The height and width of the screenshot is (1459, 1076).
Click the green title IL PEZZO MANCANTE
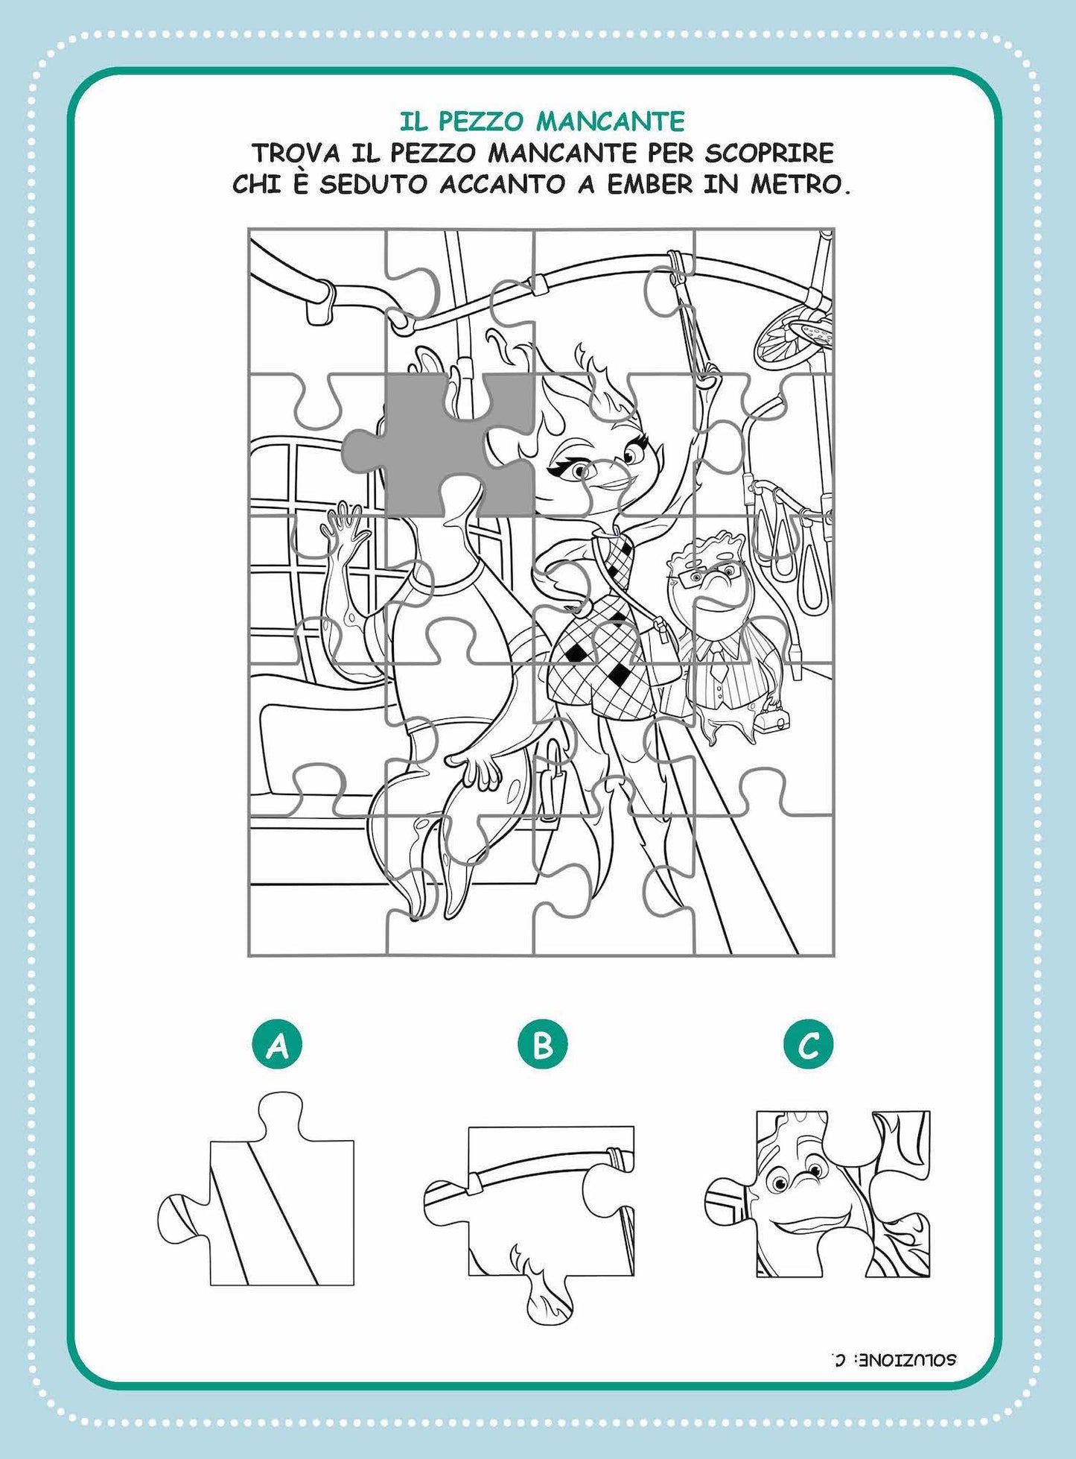tap(542, 121)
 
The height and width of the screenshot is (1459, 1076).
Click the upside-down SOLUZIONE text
tap(893, 1359)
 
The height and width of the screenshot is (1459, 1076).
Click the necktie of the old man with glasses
tap(717, 667)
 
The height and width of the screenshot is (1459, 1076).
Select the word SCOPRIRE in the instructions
tap(769, 154)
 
